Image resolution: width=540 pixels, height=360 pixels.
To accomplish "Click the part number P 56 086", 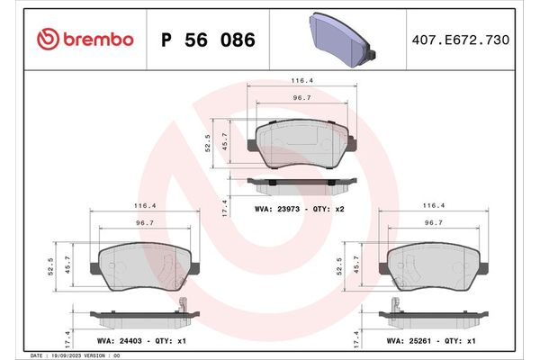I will coord(207,40).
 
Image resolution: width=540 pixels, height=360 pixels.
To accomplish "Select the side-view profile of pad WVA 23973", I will coord(304,184).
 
